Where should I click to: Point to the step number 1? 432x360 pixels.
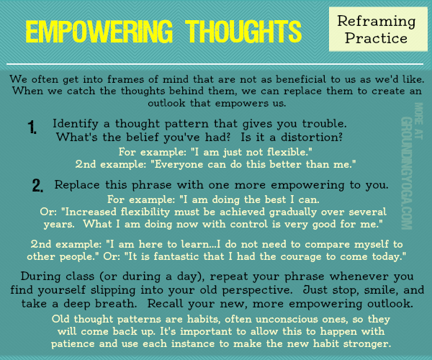coord(32,127)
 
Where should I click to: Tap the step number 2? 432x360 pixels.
coord(38,186)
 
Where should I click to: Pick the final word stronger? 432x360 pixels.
coord(357,344)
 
